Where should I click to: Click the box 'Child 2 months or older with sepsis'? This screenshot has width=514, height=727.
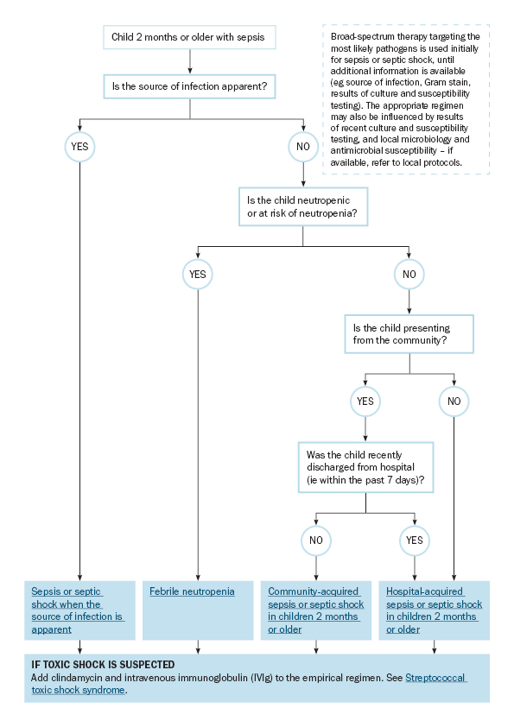coord(189,37)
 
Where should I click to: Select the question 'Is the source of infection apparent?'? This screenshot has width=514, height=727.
coord(189,86)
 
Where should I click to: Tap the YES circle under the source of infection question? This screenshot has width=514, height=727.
coord(79,147)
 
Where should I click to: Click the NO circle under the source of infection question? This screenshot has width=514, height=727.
coord(303,147)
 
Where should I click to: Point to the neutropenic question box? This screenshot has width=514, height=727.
coord(303,206)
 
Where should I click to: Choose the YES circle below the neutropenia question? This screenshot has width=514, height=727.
coord(198,274)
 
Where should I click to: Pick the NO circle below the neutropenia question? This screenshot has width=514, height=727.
coord(409,274)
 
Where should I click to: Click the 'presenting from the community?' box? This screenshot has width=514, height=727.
coord(409,334)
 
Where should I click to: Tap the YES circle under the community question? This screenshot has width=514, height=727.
coord(365,401)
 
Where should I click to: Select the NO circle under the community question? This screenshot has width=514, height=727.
coord(454,401)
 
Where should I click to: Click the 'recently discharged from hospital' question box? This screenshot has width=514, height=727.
coord(365,467)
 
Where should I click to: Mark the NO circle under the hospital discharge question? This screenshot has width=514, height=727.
coord(316,541)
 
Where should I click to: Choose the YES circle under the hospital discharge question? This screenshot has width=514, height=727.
coord(415,541)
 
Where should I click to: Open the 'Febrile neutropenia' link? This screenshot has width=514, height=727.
coord(192,591)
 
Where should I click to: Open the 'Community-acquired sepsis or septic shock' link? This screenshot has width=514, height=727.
coord(316,610)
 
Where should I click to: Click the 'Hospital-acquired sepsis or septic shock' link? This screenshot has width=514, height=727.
coord(435,610)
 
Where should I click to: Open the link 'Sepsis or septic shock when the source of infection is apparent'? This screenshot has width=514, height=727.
coord(78,610)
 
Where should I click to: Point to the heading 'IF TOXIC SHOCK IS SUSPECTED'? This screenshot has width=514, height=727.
coord(103,665)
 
